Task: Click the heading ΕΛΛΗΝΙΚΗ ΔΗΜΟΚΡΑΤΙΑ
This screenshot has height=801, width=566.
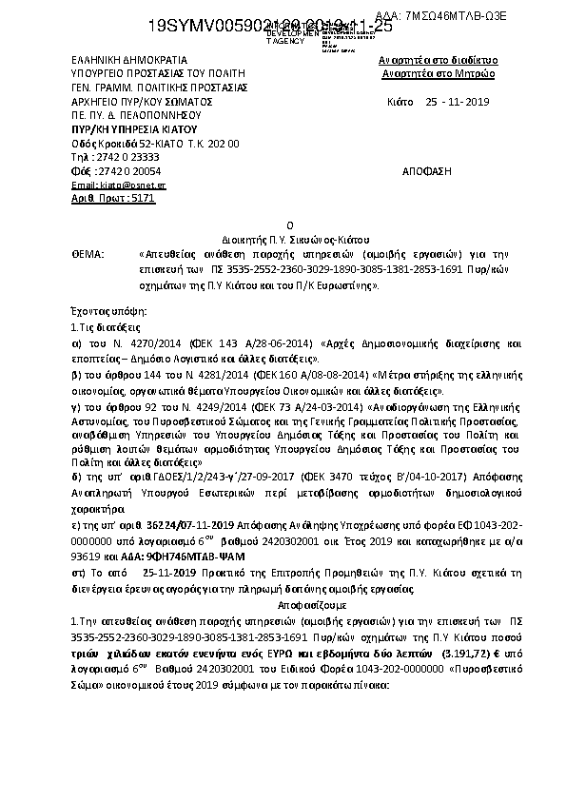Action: point(116,59)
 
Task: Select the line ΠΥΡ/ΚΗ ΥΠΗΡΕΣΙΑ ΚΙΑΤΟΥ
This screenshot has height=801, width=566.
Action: point(133,127)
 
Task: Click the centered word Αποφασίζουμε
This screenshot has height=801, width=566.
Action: point(283,604)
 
